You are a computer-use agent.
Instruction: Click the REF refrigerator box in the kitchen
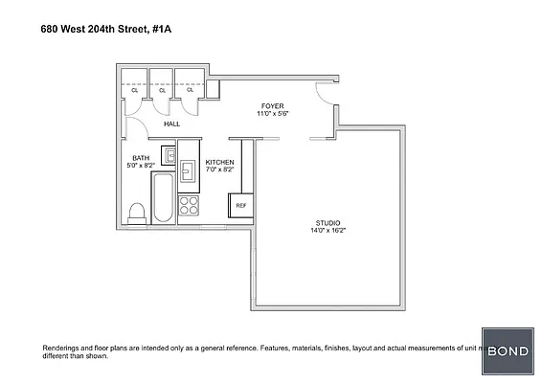point(241,205)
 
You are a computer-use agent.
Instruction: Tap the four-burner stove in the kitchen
point(188,205)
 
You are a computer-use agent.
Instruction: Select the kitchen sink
point(188,170)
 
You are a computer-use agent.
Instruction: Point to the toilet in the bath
point(137,211)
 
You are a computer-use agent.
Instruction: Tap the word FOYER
point(273,105)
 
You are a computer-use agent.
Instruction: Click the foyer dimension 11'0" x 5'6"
point(273,114)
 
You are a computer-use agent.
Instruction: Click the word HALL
point(171,124)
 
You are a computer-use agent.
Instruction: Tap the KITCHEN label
point(219,163)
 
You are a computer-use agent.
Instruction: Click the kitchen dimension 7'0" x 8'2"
point(219,170)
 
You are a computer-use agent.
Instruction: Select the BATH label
point(141,157)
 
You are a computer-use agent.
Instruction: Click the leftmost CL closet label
point(135,90)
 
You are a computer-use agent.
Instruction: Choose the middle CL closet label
point(163,90)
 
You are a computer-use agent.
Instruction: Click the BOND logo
point(509,351)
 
